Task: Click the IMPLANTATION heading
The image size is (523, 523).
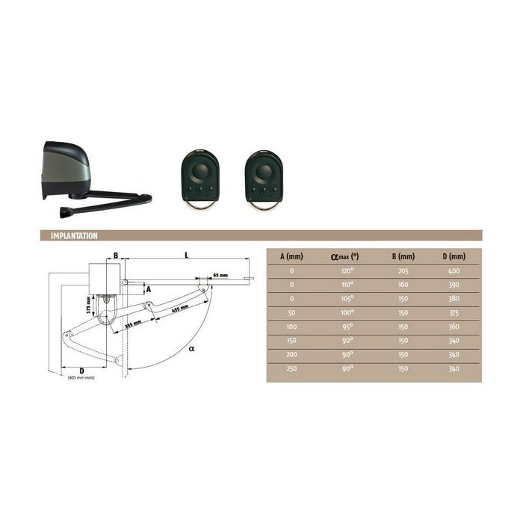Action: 73,236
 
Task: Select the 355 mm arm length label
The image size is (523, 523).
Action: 133,325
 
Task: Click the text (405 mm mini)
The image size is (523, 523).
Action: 81,377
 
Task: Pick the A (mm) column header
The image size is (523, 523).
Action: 291,256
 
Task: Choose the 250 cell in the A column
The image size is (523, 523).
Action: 291,369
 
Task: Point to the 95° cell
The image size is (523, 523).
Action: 346,327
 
